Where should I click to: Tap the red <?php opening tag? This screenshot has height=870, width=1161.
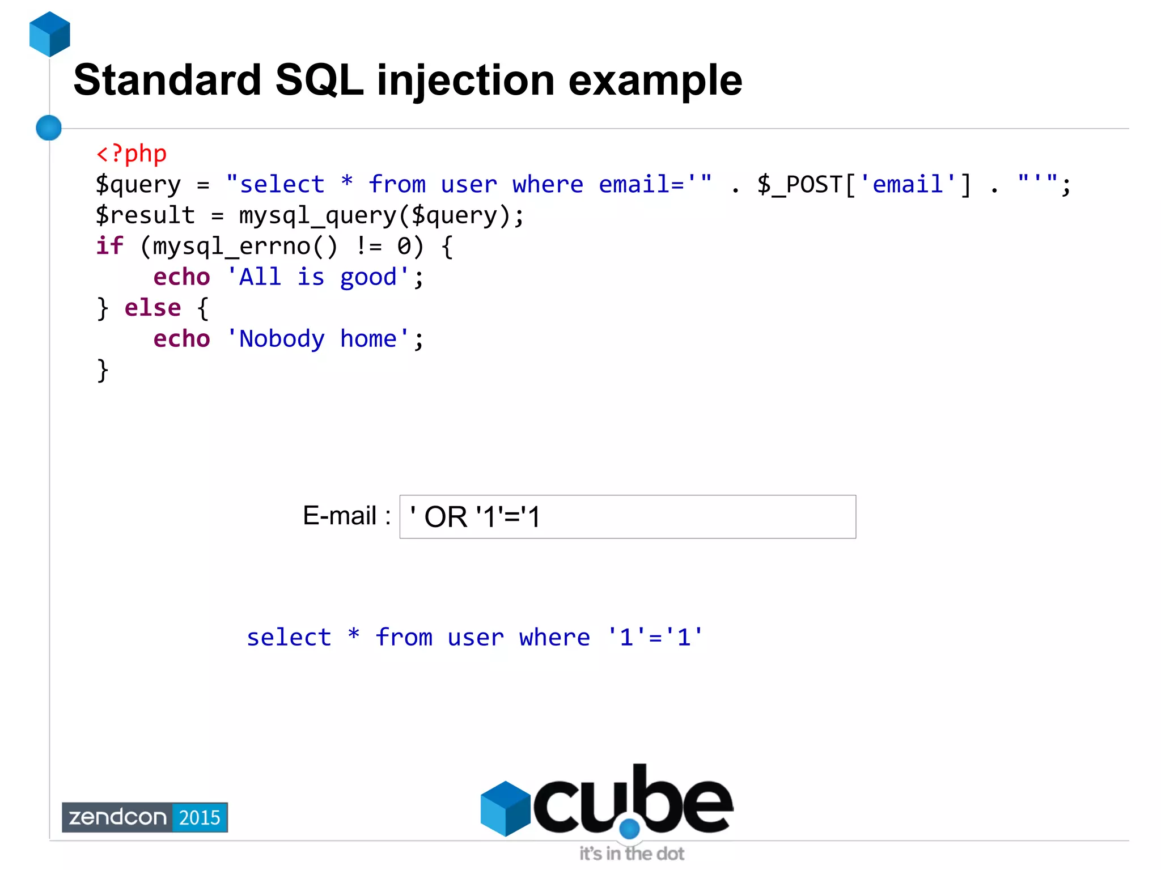pyautogui.click(x=132, y=154)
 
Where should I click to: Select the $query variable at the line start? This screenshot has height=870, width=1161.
pyautogui.click(x=138, y=185)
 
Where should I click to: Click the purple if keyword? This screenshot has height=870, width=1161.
pyautogui.click(x=109, y=247)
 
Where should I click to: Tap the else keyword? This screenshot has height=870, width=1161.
pyautogui.click(x=152, y=308)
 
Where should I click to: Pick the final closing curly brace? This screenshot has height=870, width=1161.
pyautogui.click(x=103, y=370)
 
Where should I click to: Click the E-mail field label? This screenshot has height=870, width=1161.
pyautogui.click(x=346, y=516)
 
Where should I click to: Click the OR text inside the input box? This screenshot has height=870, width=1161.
pyautogui.click(x=446, y=517)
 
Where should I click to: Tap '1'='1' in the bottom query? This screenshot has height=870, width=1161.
pyautogui.click(x=655, y=638)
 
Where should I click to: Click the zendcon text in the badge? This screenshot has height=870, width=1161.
pyautogui.click(x=117, y=817)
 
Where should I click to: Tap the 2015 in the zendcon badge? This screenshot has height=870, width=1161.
pyautogui.click(x=200, y=817)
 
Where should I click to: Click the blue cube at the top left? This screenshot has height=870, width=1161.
pyautogui.click(x=50, y=34)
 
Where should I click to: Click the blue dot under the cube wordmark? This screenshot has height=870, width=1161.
pyautogui.click(x=629, y=829)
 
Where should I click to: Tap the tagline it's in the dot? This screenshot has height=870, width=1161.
pyautogui.click(x=632, y=854)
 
